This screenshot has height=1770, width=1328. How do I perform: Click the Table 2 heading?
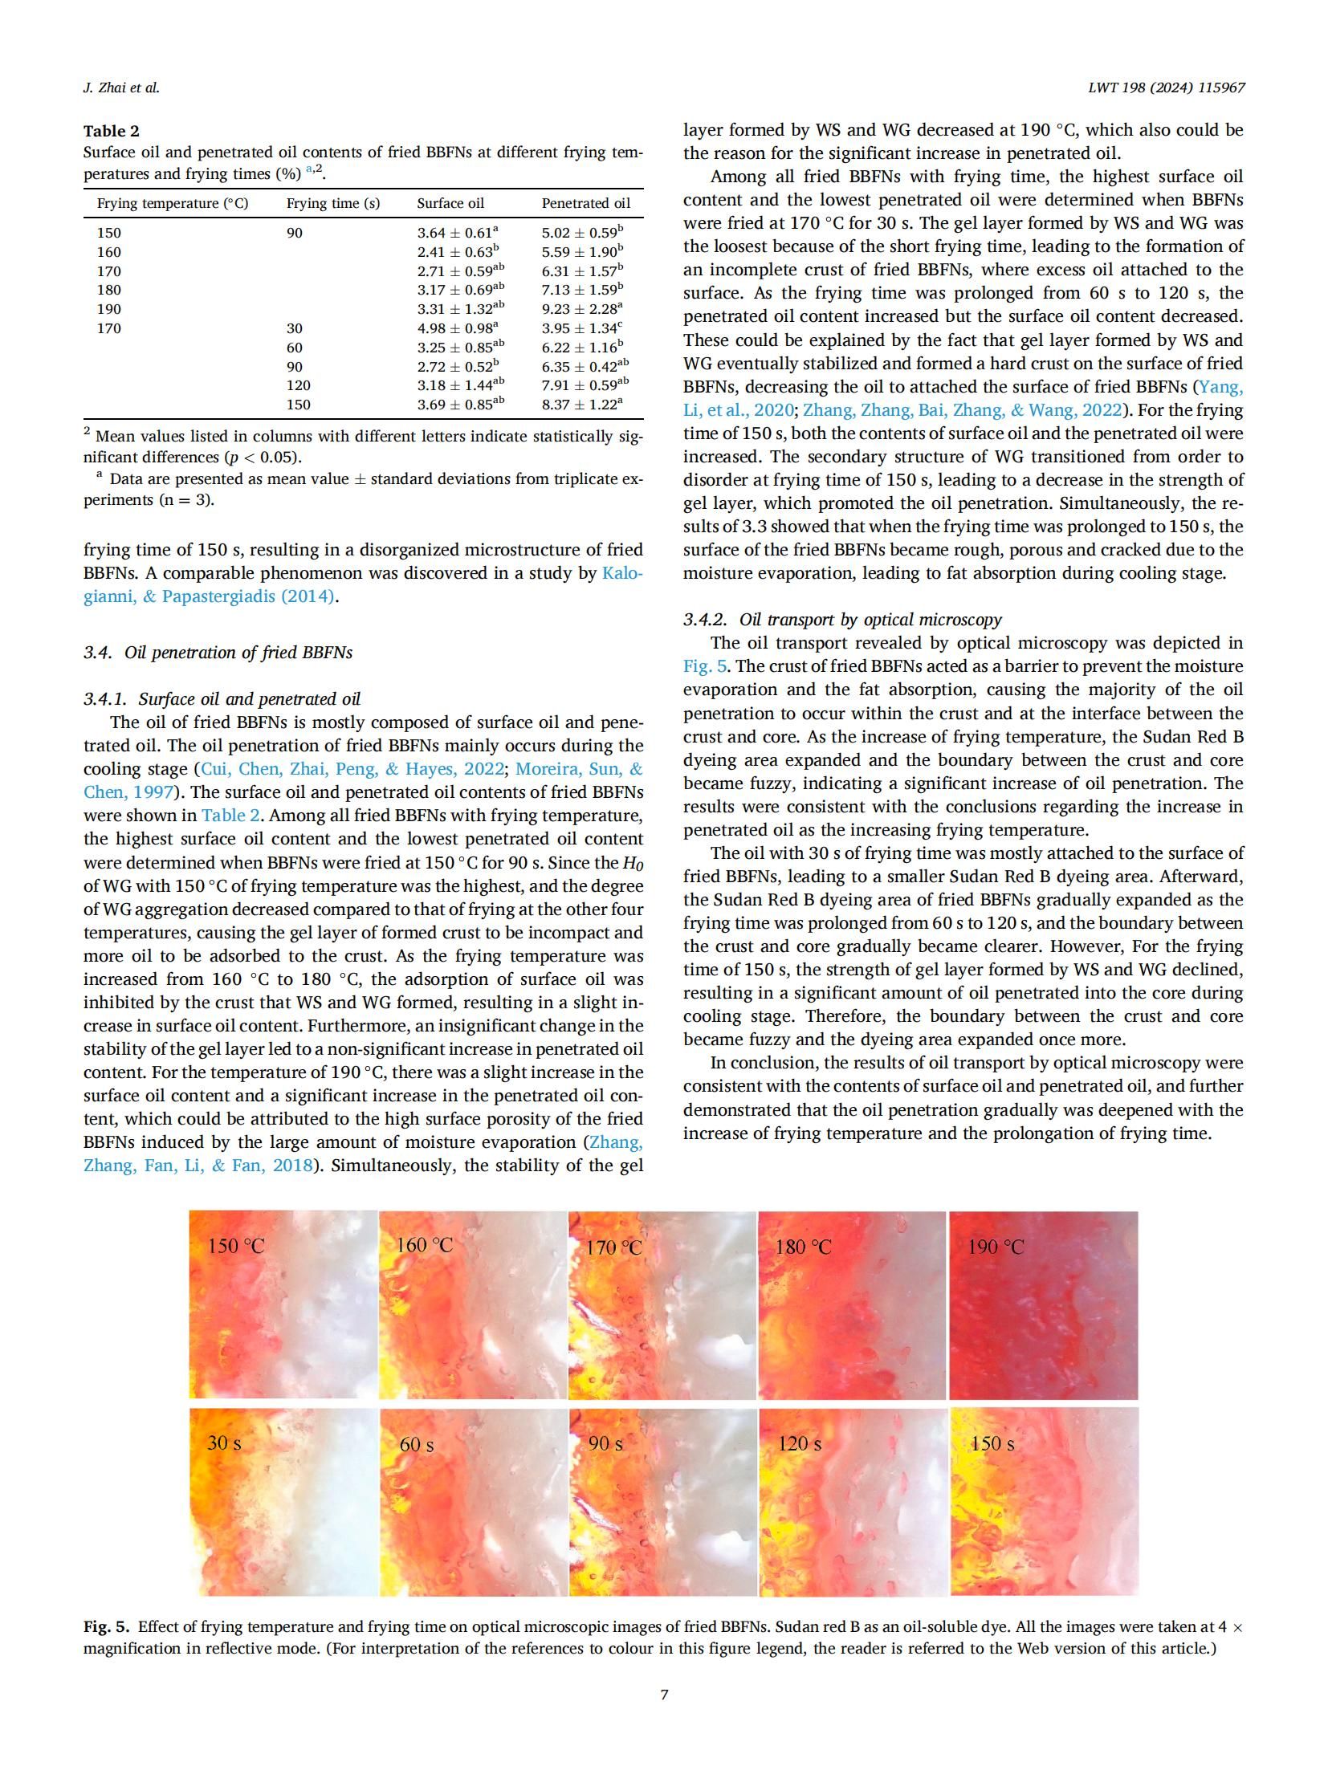112,131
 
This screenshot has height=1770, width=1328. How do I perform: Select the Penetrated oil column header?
585,203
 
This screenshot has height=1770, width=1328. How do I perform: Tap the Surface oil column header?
450,203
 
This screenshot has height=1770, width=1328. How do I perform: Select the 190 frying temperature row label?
109,309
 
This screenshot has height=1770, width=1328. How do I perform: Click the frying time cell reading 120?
299,385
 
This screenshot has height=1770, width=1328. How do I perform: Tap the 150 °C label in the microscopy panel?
235,1246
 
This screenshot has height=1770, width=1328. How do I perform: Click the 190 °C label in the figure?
996,1247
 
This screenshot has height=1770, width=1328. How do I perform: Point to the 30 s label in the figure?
224,1442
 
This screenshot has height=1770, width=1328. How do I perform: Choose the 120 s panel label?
799,1443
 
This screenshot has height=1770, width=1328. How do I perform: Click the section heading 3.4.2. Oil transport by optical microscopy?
842,620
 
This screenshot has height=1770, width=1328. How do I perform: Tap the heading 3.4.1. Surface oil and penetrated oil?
222,699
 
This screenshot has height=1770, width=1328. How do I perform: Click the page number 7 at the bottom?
664,1695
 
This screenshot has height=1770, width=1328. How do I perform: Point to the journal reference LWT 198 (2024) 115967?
1166,87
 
